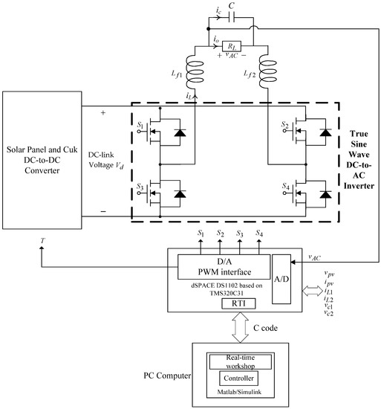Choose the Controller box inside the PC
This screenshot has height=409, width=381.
240,379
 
